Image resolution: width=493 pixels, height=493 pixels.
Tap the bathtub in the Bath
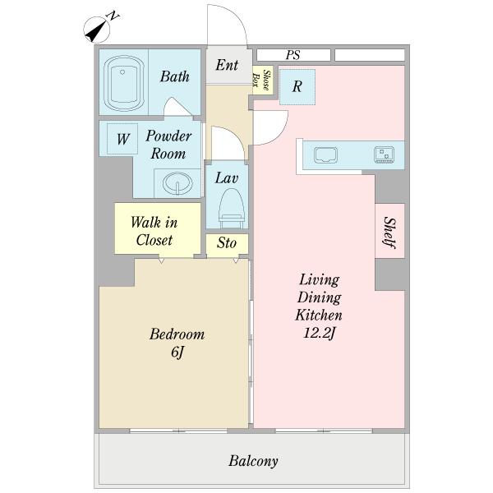(x=123, y=83)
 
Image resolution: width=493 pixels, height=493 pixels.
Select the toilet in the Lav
(x=232, y=209)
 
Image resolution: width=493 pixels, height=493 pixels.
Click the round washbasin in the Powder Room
(x=177, y=183)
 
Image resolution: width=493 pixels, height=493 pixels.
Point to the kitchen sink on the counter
(x=325, y=155)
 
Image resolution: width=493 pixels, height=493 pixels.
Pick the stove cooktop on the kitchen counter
(x=384, y=154)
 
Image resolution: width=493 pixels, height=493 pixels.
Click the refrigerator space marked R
(x=297, y=87)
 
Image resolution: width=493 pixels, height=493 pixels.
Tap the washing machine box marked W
(x=122, y=139)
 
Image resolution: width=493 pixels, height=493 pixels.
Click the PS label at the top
(x=293, y=55)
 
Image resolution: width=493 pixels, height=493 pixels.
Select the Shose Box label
(x=262, y=81)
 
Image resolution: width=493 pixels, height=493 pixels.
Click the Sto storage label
(x=227, y=242)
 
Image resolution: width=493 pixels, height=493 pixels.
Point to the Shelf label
(x=389, y=233)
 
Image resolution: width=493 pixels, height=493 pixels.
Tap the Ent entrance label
(x=227, y=65)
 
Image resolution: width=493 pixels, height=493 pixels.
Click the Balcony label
(x=253, y=461)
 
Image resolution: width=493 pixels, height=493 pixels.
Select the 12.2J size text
(x=319, y=334)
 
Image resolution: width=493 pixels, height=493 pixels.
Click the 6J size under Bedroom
(x=177, y=352)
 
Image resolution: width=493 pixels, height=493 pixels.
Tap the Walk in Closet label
(x=154, y=231)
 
